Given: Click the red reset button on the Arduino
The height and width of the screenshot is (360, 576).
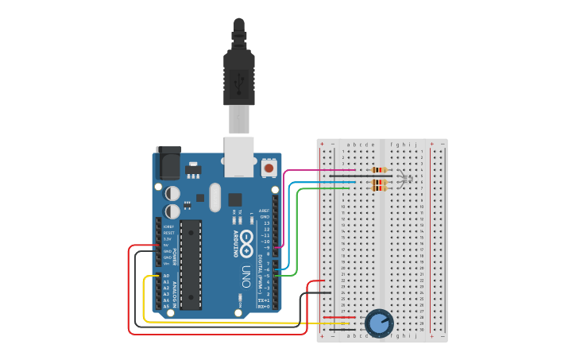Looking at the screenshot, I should (269, 168).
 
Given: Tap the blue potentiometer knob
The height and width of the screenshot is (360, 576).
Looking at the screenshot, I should (379, 323).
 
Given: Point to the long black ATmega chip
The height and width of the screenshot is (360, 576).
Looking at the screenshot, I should (191, 264).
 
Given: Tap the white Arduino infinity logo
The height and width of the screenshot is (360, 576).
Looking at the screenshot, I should (248, 238).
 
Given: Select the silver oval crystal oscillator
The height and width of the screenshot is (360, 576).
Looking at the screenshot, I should (214, 197).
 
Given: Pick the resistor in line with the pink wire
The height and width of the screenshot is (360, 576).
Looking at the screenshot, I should (379, 169).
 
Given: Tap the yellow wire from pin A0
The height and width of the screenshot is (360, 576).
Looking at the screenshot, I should (144, 302).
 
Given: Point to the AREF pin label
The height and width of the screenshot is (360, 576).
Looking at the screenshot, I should (264, 211).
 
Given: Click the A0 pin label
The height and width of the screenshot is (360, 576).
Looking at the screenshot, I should (166, 276).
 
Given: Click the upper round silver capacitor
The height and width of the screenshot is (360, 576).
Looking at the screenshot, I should (172, 193).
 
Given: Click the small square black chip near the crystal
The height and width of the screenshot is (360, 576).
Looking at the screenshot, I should (234, 199).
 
